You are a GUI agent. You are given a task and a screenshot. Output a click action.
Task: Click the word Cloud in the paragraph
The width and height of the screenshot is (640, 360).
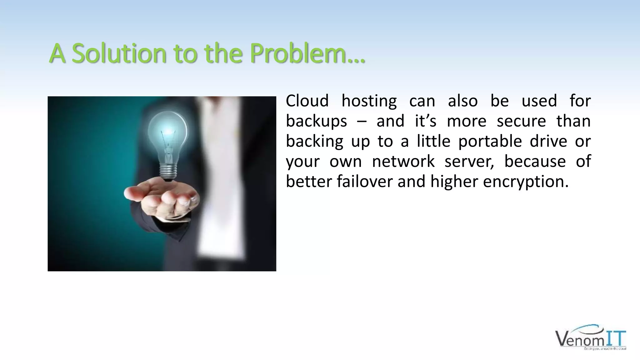click(x=307, y=101)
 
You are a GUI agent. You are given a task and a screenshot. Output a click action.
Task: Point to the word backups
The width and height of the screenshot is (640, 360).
click(x=316, y=121)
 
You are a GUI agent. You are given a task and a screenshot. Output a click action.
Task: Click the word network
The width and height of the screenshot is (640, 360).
click(x=403, y=162)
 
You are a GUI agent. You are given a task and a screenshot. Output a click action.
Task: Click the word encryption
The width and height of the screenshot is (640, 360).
click(x=526, y=182)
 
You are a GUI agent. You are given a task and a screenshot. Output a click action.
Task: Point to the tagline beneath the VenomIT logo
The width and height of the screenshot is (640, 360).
click(x=605, y=348)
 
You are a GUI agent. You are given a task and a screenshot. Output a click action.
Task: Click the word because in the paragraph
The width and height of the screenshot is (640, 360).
click(x=535, y=162)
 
